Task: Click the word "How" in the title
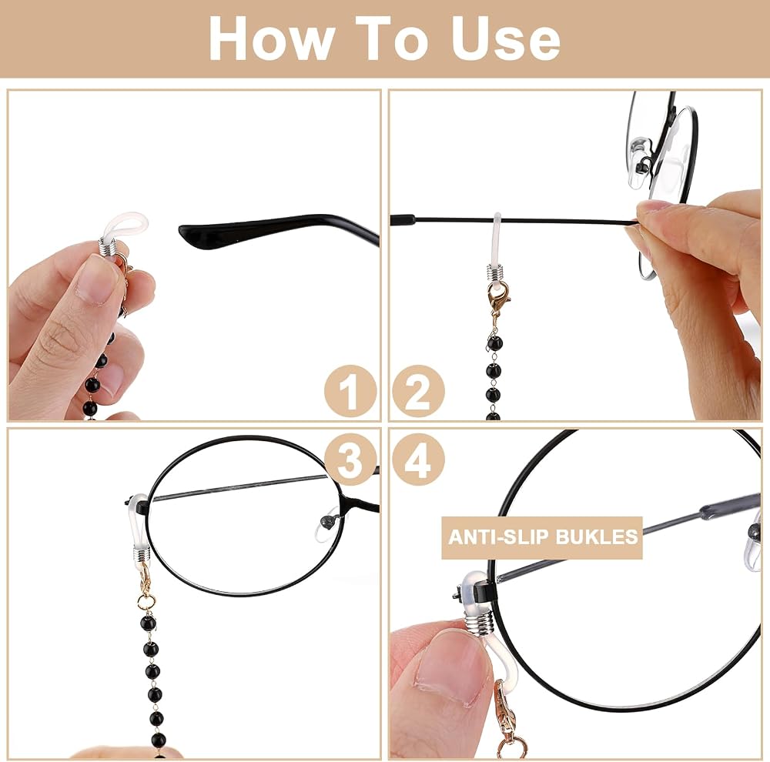pyautogui.click(x=270, y=38)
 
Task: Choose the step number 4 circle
pyautogui.click(x=418, y=460)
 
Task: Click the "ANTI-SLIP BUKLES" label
pyautogui.click(x=542, y=536)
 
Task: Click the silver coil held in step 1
pyautogui.click(x=109, y=247)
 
